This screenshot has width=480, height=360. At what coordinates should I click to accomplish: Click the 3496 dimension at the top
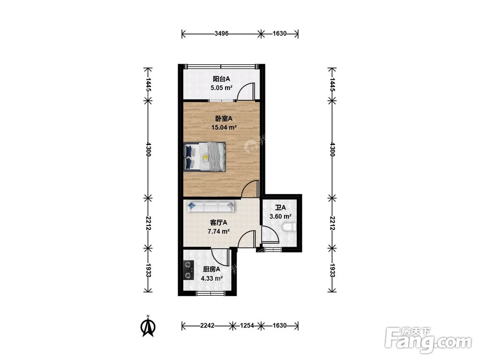tap(221, 34)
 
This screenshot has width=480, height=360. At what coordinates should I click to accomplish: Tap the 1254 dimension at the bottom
tap(247, 325)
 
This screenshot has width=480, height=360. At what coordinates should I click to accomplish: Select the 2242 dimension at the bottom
tap(207, 325)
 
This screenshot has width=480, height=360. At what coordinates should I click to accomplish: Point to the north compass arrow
tap(148, 326)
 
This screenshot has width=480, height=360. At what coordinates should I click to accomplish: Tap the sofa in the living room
tap(211, 206)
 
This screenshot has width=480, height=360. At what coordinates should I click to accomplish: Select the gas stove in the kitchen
tap(188, 270)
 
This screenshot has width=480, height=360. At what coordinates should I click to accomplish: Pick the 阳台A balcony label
tap(221, 79)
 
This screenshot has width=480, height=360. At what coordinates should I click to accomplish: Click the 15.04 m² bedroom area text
tap(224, 127)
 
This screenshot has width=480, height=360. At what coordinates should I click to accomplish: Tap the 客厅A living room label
tap(218, 223)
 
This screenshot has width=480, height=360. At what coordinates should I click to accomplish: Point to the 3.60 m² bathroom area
tap(280, 216)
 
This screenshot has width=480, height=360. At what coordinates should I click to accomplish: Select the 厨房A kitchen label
tap(212, 269)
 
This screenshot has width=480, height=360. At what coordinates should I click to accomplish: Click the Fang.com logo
tap(429, 340)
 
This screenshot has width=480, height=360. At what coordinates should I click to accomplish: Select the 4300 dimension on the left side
tap(148, 149)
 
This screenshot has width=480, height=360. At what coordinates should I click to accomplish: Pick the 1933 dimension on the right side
tap(332, 270)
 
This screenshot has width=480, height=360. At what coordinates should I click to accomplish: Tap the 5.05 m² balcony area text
tap(221, 88)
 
